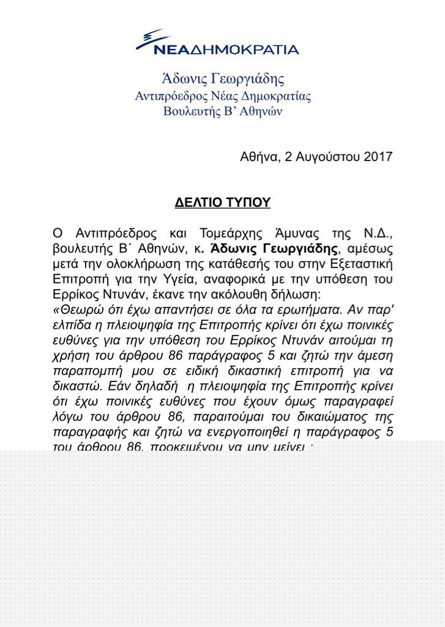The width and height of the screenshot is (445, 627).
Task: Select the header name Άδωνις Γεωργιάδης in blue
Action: click(x=223, y=79)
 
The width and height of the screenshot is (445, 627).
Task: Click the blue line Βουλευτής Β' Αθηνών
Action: click(x=223, y=111)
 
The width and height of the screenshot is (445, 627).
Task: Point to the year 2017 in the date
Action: click(x=378, y=157)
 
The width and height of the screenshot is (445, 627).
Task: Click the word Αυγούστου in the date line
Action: click(x=326, y=157)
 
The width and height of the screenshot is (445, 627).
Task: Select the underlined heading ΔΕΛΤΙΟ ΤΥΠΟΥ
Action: click(x=223, y=203)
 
